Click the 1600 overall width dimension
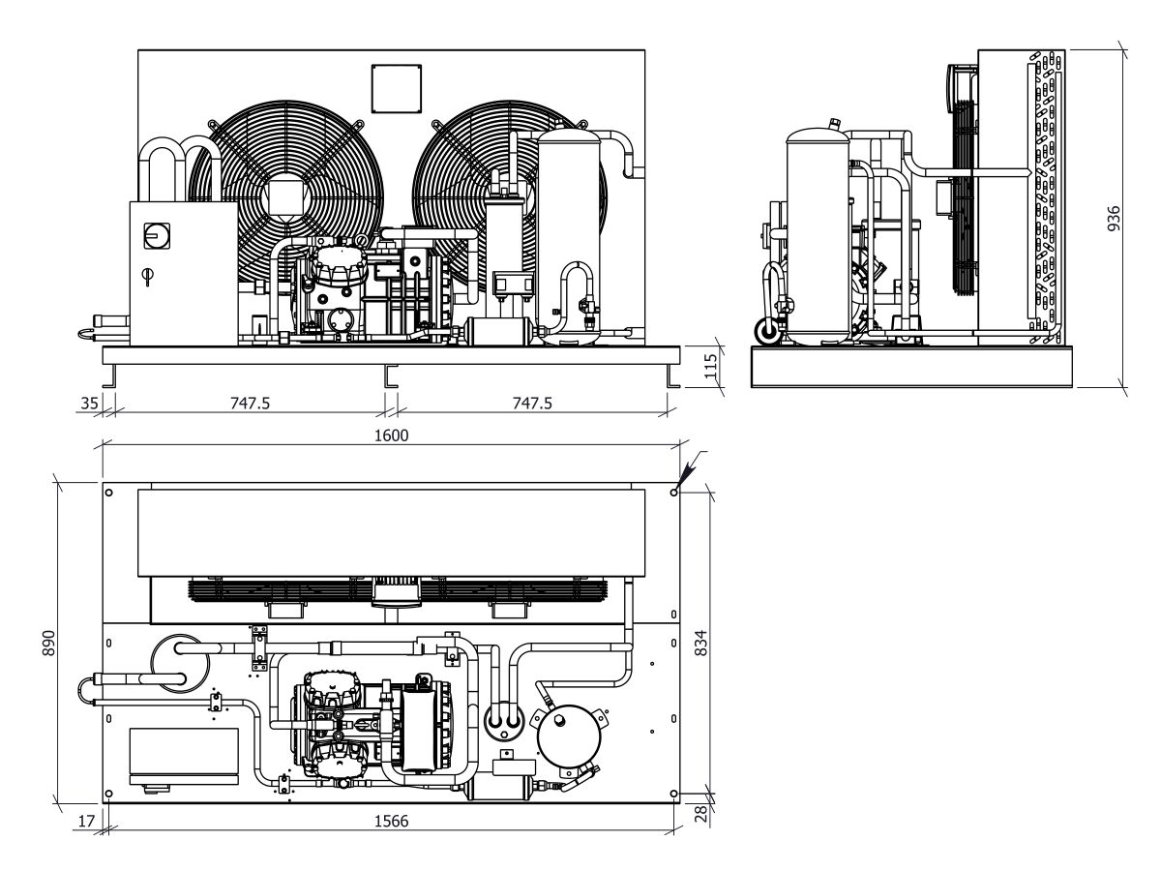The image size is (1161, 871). point(391,435)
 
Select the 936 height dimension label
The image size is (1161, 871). point(1114,219)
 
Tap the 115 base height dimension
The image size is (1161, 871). point(711,366)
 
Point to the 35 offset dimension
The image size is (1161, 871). point(89,404)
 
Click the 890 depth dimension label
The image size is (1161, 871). point(48,643)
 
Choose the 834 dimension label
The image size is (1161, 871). point(700,643)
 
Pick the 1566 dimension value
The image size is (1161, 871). point(391,821)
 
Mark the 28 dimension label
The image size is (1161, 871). point(700,814)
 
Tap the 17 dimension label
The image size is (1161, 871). point(86,821)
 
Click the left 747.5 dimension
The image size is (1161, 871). point(250,404)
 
